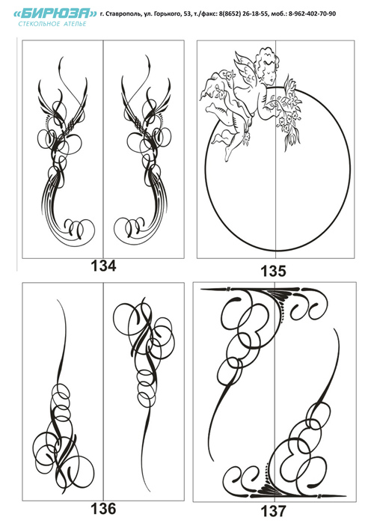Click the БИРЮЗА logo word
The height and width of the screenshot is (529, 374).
(55, 13)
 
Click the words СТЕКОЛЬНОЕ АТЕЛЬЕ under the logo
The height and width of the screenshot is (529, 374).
(52, 24)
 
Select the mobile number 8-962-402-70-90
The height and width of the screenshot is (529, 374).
(312, 13)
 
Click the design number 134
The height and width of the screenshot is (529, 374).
(103, 266)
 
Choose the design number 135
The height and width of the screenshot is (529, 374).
(273, 271)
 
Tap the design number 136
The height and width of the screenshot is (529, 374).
(103, 508)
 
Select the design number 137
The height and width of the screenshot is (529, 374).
(273, 511)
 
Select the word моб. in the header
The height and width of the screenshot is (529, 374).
(278, 13)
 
